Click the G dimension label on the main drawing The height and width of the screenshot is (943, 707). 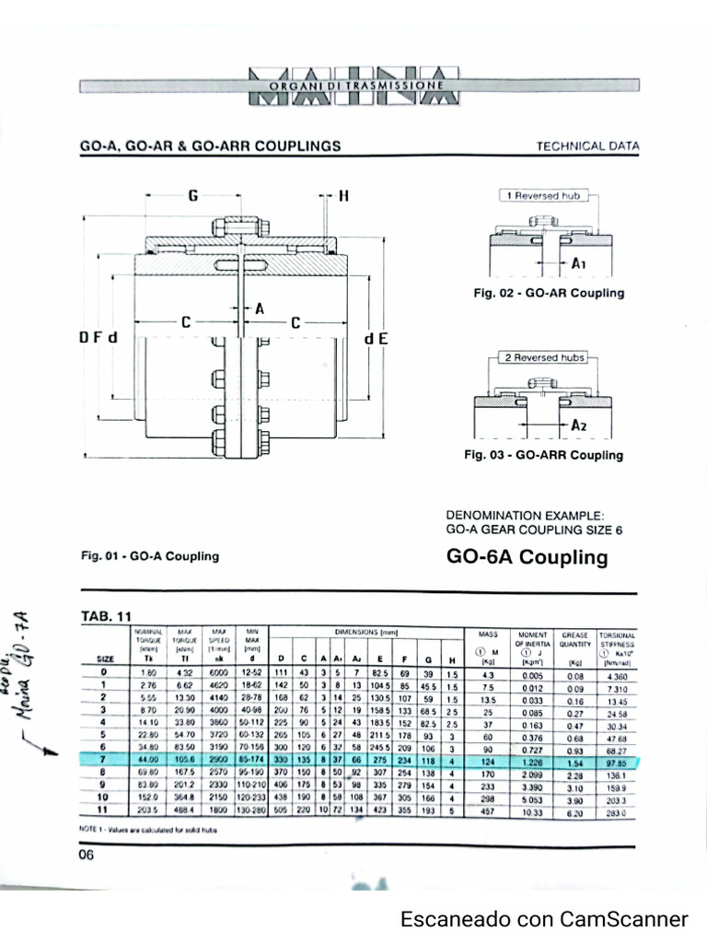(192, 196)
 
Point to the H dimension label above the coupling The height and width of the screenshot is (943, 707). (344, 196)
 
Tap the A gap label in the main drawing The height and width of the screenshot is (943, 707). (260, 309)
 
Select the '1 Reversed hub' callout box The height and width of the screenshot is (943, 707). (544, 196)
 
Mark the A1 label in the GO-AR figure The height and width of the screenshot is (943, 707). (579, 264)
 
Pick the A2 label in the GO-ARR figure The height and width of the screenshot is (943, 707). (579, 425)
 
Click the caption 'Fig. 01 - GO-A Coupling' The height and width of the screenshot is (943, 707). (150, 556)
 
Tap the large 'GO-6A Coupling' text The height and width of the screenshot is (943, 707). (527, 557)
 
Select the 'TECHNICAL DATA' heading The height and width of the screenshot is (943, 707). (586, 146)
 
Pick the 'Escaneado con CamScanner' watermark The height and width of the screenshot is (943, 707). (544, 919)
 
